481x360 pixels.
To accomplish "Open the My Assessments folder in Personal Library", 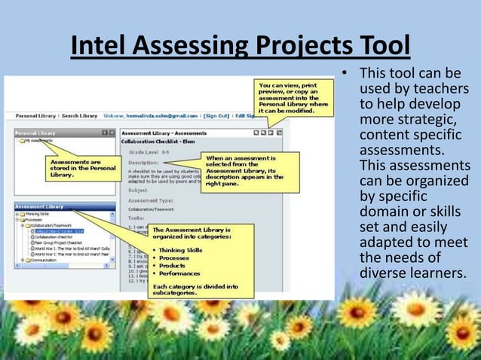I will pos(38,141).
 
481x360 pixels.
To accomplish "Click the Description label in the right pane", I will pos(142,162).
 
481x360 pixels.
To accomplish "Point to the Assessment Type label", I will pos(150,200).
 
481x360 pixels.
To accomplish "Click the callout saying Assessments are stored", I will pos(75,167).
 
